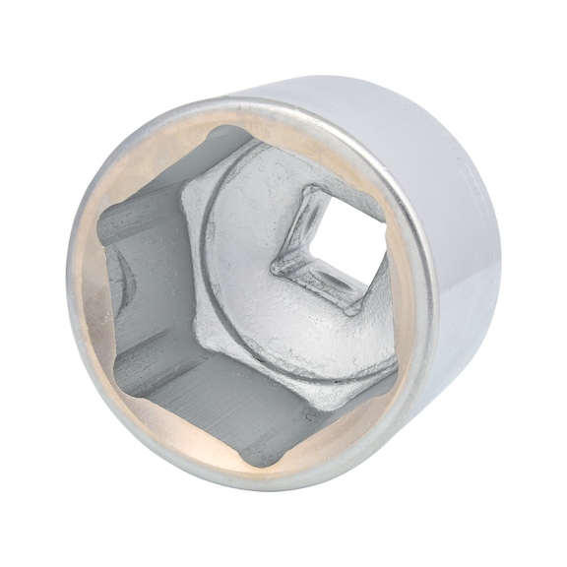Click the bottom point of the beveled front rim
click(x=256, y=488)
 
